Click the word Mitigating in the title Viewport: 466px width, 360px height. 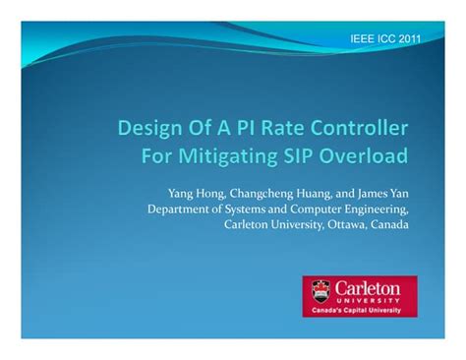[230, 155]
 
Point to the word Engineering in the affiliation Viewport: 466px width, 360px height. [379, 209]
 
